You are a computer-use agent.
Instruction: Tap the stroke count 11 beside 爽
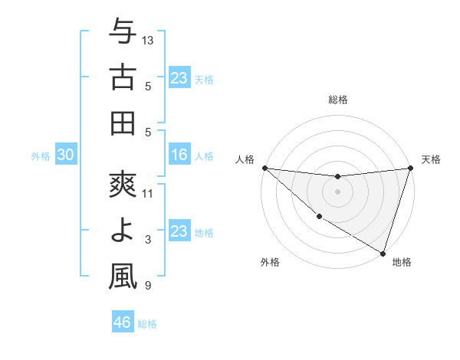tap(148, 194)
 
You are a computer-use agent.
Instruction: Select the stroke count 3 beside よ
tap(148, 240)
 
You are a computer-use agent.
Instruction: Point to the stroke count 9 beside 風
tap(148, 286)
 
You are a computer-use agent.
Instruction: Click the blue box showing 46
tap(123, 322)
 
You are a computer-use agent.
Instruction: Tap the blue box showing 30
tap(65, 155)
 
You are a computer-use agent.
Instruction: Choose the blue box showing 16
tap(179, 155)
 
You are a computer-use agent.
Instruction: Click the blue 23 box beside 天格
tap(179, 77)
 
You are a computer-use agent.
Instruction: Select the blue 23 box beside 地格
tap(179, 231)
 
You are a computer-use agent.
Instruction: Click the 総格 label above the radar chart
tap(337, 100)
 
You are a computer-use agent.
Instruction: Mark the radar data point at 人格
tap(264, 168)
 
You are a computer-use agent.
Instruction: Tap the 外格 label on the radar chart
tap(270, 263)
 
